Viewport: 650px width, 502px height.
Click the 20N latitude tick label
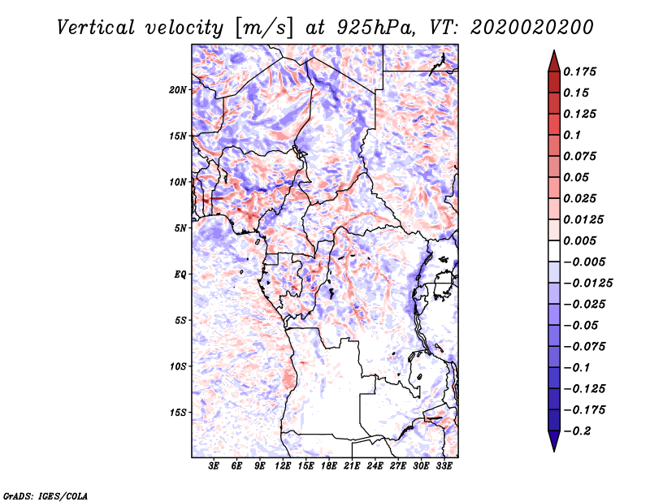[178, 89]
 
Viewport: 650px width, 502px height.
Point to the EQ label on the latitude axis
[180, 275]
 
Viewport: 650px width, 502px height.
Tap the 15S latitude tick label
[178, 413]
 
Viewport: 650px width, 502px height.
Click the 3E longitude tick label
[214, 467]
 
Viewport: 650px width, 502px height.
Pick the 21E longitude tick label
[352, 467]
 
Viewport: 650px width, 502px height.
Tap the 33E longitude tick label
[444, 467]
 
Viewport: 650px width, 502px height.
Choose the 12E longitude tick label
[283, 467]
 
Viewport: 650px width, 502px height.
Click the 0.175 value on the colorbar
[581, 71]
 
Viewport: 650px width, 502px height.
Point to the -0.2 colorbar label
[577, 431]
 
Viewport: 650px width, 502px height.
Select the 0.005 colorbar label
[581, 240]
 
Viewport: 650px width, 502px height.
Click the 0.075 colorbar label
[581, 156]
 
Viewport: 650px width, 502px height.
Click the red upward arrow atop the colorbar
[553, 60]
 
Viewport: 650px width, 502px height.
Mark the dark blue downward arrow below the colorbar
[553, 441]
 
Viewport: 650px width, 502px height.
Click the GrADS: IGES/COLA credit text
[45, 495]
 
